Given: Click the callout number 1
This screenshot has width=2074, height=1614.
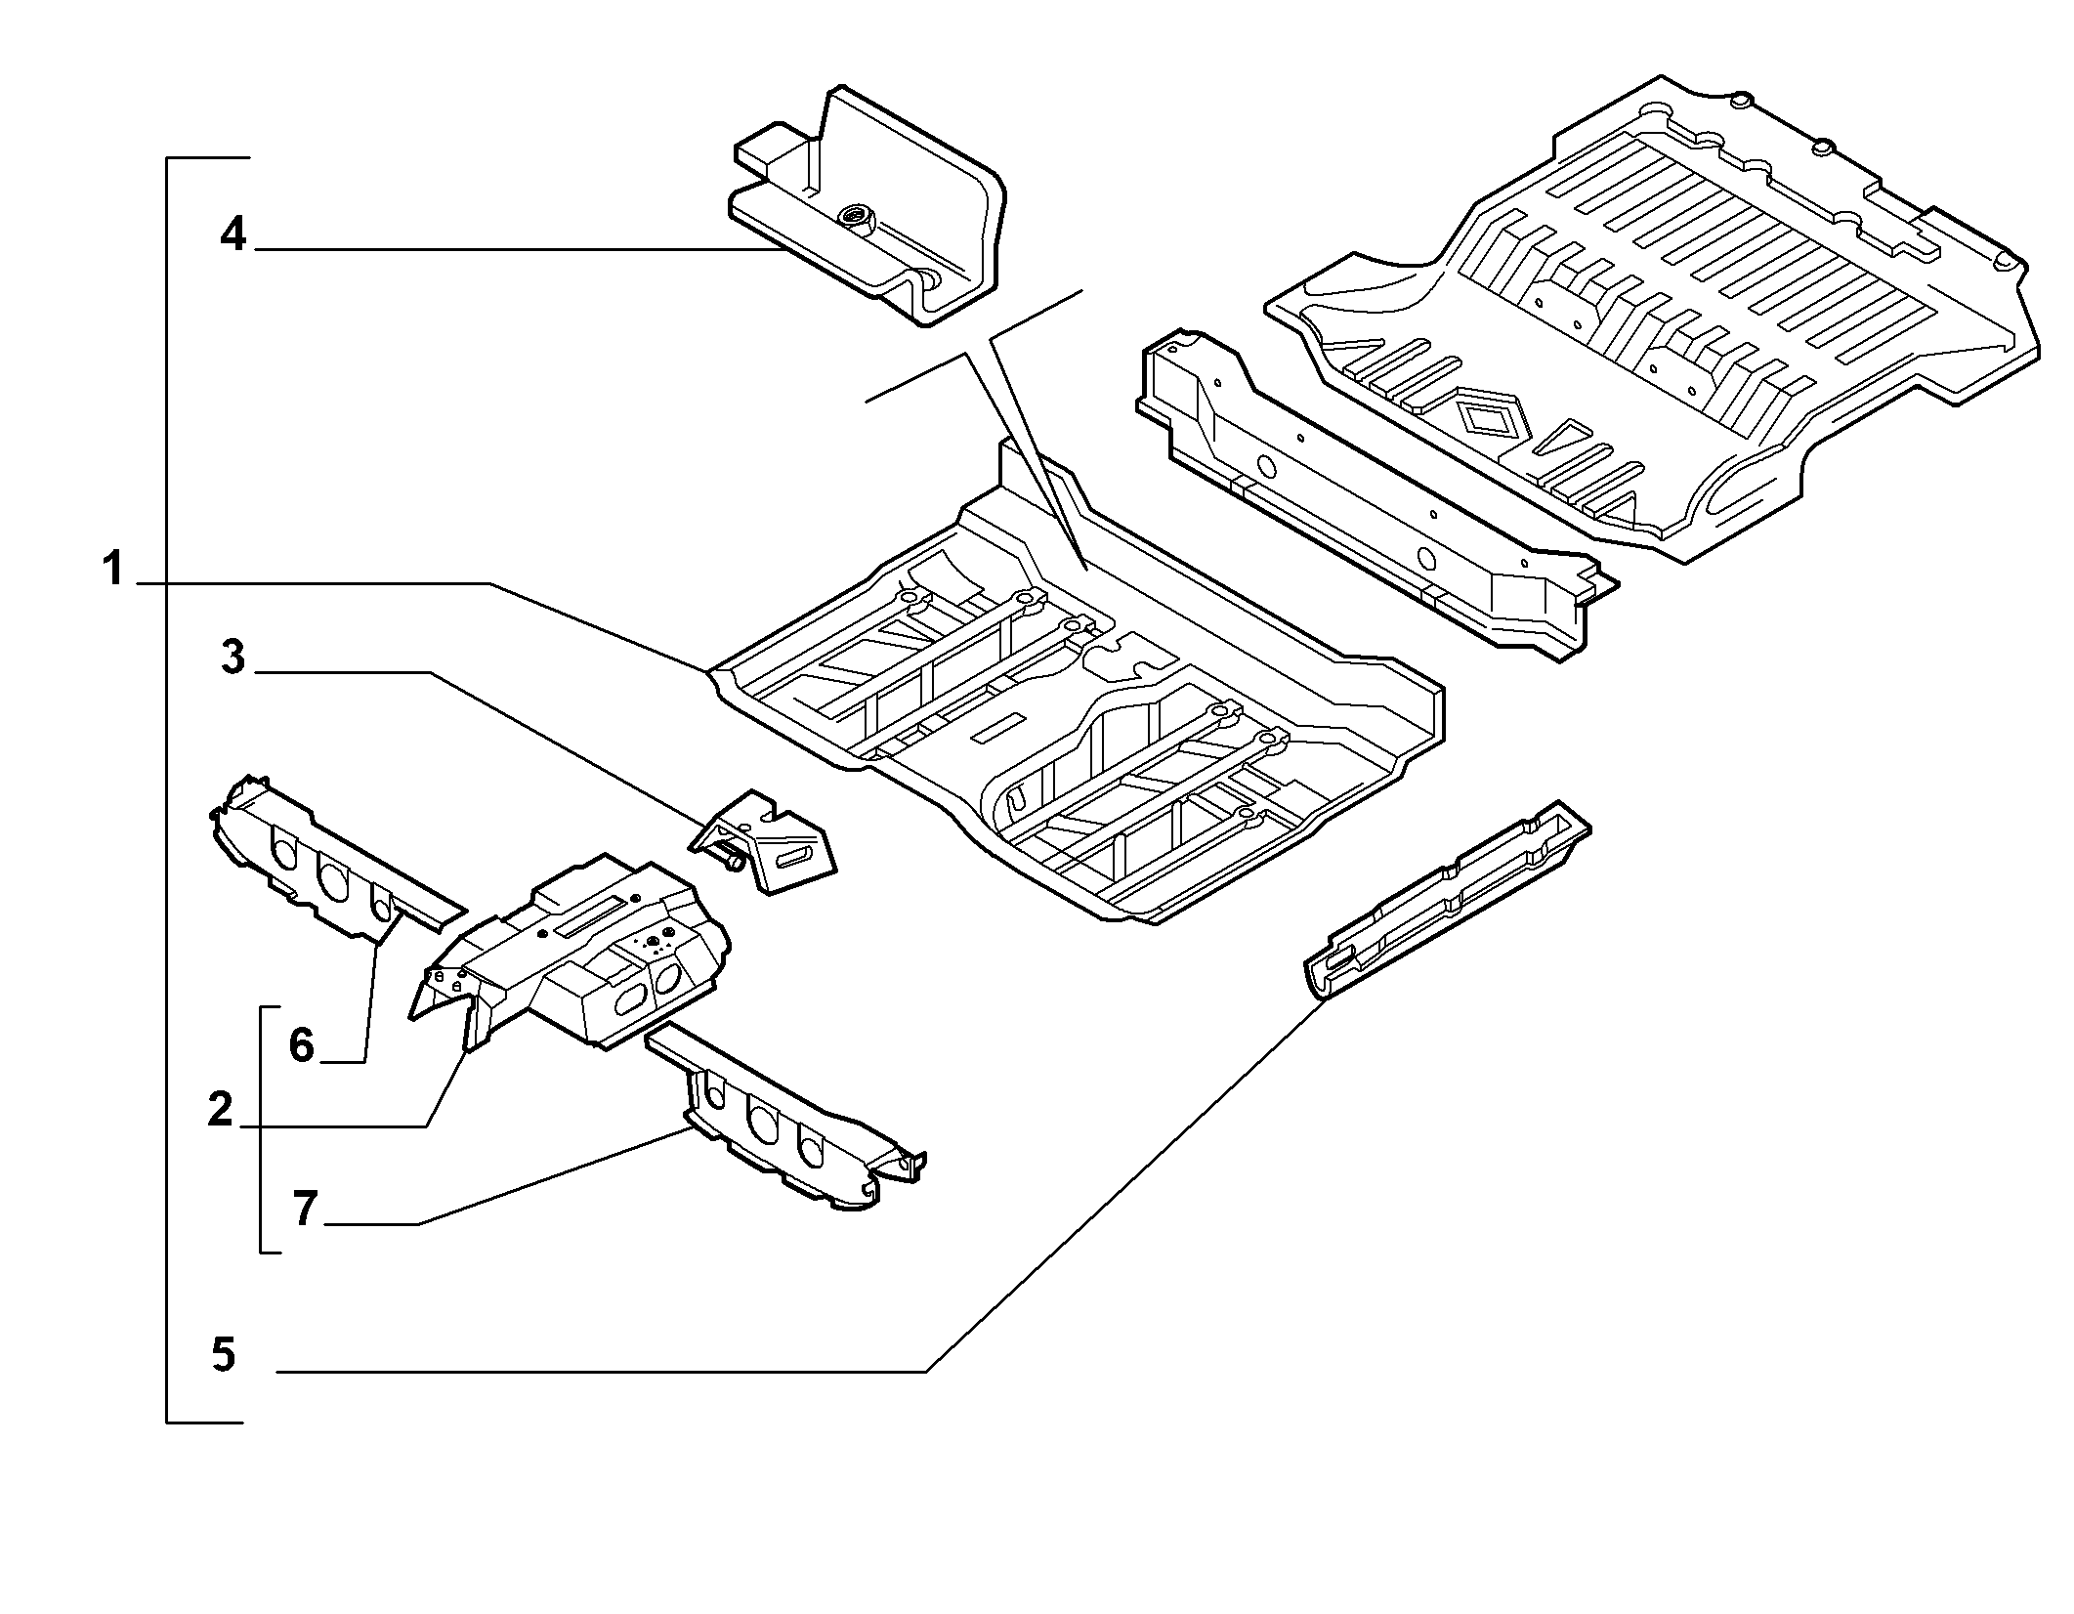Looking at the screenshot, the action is point(114,568).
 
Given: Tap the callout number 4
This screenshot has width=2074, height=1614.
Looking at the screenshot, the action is point(233,234).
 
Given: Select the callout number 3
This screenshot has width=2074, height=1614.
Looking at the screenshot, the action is point(233,657).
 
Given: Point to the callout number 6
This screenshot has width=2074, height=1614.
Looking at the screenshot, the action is point(301,1045).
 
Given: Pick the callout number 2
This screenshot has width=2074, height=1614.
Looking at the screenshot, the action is point(220,1110).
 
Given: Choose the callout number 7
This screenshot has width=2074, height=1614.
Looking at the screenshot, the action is point(305,1209).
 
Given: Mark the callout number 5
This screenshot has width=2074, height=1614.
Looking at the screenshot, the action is point(224,1355).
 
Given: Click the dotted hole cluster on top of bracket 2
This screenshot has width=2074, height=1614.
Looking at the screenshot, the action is point(653,943).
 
